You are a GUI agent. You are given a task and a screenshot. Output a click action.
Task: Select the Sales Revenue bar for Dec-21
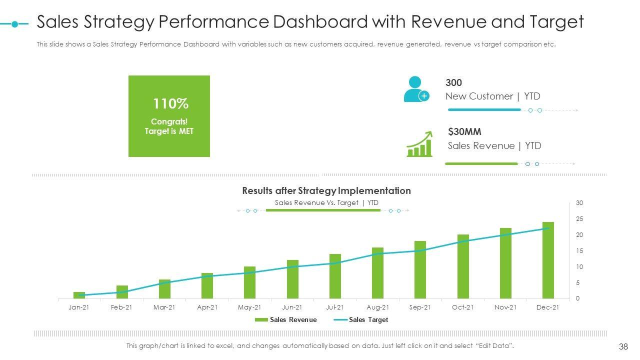(548, 260)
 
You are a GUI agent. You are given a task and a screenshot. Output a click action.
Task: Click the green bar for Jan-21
(79, 295)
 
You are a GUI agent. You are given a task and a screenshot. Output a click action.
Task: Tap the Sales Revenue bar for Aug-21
(377, 273)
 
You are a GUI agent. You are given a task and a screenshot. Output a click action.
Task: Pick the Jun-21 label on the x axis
(292, 307)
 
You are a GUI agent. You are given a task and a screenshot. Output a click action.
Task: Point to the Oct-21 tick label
(462, 307)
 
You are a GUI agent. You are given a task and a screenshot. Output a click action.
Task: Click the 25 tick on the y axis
(579, 219)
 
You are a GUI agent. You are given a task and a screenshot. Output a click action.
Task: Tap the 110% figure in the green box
(170, 104)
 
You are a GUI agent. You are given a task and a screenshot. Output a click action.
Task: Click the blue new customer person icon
(416, 89)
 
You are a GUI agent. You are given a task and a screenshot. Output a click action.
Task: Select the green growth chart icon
(419, 144)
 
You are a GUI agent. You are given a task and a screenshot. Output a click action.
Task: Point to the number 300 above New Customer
(453, 83)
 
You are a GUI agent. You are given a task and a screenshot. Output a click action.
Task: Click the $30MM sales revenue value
(464, 132)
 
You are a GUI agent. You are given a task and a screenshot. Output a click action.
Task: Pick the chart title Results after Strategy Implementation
(326, 190)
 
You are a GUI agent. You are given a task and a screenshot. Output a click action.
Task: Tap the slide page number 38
(623, 346)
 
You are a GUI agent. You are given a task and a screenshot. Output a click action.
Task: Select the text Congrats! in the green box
(169, 121)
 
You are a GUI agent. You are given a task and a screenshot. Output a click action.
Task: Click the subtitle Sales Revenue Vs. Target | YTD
(326, 202)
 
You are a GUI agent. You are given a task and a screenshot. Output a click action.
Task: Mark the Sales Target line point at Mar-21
(164, 282)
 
